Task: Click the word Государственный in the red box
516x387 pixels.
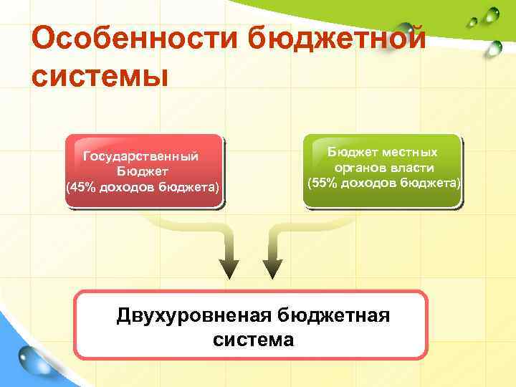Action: [140, 156]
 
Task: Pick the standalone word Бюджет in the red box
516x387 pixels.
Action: [143, 172]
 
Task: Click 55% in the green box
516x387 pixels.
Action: [324, 183]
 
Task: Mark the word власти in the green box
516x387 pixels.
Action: [413, 168]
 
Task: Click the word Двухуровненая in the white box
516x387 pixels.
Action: [191, 316]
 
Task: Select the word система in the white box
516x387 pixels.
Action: [253, 339]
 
